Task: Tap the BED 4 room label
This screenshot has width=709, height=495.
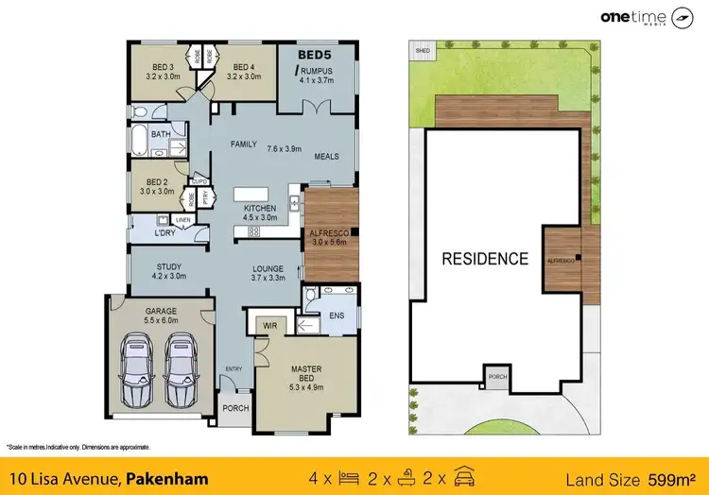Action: [244, 67]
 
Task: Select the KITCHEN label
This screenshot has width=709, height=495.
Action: [260, 207]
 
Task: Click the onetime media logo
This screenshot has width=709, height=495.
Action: [651, 18]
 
